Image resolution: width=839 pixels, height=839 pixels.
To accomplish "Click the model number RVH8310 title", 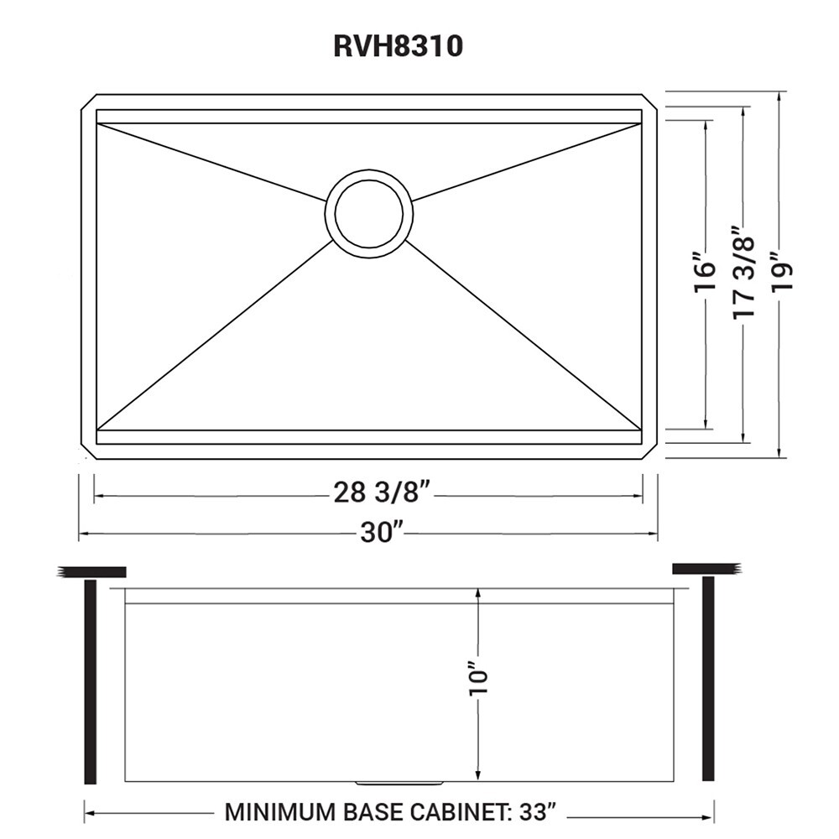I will point(398,47).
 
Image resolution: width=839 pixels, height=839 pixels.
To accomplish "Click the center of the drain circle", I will point(368,213).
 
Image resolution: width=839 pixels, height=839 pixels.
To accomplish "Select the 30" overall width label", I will point(383,534).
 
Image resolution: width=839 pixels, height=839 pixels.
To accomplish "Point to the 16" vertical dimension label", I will point(706,270).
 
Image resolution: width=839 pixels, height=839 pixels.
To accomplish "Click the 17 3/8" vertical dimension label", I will point(744,272).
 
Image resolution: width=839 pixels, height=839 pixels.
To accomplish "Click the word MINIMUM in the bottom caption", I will point(276,813).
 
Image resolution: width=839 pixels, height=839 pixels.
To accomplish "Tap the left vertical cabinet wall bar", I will point(91,680).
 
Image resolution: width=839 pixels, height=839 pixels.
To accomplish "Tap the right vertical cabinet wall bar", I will point(708,680).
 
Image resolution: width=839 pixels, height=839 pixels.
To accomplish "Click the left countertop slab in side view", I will point(94,572).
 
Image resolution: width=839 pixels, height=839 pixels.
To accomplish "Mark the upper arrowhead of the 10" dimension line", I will point(477,591).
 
